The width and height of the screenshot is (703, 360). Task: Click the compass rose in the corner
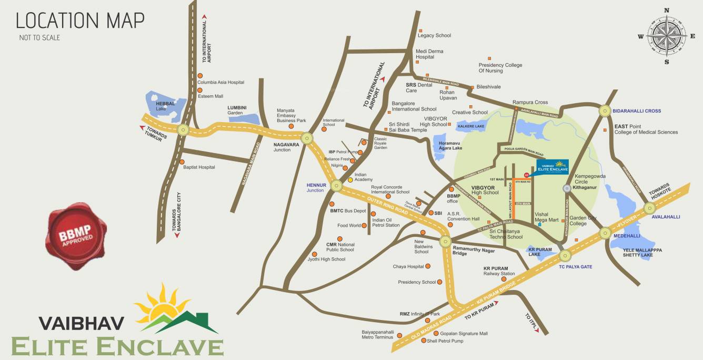point(666,36)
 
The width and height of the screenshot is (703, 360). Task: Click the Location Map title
point(80,21)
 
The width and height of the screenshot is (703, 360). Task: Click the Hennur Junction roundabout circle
point(335,185)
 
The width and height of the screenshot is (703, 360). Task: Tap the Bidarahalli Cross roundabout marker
point(604,111)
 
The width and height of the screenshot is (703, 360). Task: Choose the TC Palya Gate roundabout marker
point(565,256)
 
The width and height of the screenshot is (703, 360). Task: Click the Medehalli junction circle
point(605,232)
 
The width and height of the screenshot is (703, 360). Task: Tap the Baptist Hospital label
point(199,167)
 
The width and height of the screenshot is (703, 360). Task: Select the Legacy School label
point(434,35)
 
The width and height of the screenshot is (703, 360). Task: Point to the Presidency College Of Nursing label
point(500,68)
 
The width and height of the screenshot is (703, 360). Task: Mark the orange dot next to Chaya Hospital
point(427,266)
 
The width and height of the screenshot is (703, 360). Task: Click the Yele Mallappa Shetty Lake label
point(642,253)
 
